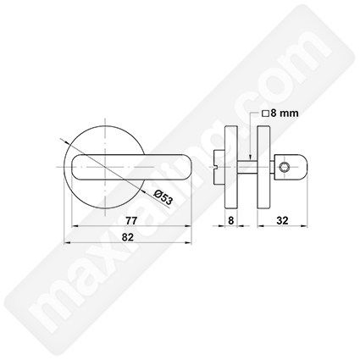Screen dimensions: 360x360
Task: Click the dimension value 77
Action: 131,220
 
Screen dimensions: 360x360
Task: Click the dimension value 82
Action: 127,237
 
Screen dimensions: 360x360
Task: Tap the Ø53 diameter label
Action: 163,197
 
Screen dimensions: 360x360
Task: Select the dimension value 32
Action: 282,220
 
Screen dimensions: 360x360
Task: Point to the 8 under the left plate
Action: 231,220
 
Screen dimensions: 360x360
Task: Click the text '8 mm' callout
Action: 285,114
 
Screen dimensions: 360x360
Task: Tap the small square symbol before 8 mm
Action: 266,114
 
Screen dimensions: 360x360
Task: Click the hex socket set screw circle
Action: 283,168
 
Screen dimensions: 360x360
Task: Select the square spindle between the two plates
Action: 247,167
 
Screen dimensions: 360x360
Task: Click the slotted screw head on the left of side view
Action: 219,167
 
